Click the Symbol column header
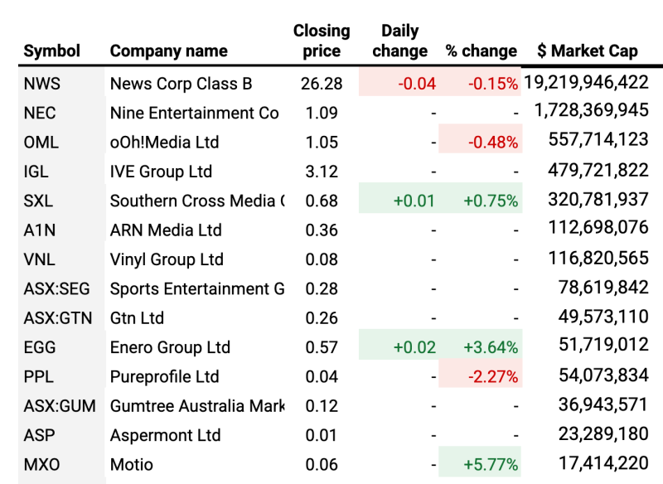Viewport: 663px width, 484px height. pyautogui.click(x=52, y=51)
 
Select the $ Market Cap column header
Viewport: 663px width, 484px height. pyautogui.click(x=587, y=51)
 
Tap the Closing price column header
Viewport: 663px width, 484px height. pyautogui.click(x=322, y=41)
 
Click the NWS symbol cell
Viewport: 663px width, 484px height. pyautogui.click(x=42, y=84)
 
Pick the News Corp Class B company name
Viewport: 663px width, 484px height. pyautogui.click(x=181, y=84)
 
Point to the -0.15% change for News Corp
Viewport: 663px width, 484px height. pyautogui.click(x=493, y=84)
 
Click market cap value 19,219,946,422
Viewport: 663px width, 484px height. pyautogui.click(x=586, y=82)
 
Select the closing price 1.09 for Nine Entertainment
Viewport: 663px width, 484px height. pyautogui.click(x=322, y=113)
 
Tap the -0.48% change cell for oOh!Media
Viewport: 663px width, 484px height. pyautogui.click(x=493, y=143)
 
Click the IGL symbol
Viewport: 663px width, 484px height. pyautogui.click(x=36, y=172)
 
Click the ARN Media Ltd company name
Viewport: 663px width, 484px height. pyautogui.click(x=166, y=230)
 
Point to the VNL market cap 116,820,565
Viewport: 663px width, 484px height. pyautogui.click(x=598, y=259)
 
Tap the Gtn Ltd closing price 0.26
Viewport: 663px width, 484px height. pyautogui.click(x=322, y=317)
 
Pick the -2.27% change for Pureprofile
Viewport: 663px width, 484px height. pyautogui.click(x=493, y=377)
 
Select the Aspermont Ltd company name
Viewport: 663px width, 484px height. pyautogui.click(x=165, y=435)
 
